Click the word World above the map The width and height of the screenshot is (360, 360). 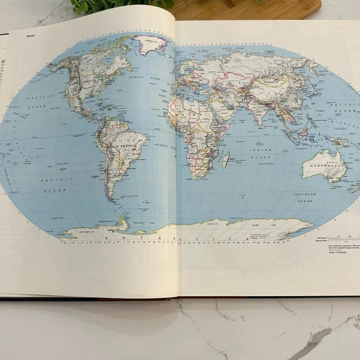click(x=30, y=37)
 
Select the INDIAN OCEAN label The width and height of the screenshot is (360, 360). click(x=263, y=155)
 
